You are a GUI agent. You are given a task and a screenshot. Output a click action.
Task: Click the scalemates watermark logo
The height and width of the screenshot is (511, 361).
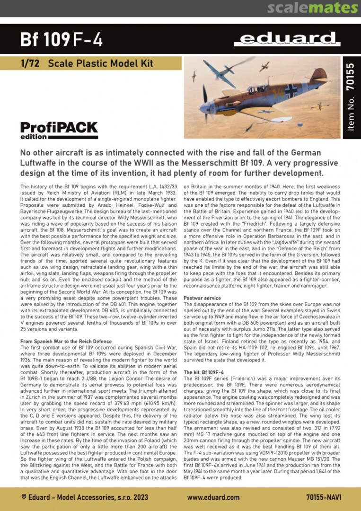coord(312,8)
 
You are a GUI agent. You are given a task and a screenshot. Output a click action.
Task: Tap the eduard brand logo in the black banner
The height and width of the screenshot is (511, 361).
coord(287,39)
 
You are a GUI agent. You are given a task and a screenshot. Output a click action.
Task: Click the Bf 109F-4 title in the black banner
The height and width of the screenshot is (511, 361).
coord(62,40)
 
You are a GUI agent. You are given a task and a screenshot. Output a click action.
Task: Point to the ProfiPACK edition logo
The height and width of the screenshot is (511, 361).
coord(59,130)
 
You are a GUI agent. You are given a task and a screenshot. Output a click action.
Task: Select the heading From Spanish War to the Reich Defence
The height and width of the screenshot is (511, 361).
coord(66,341)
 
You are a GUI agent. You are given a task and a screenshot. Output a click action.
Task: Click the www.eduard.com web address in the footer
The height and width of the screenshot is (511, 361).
coord(213,497)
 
